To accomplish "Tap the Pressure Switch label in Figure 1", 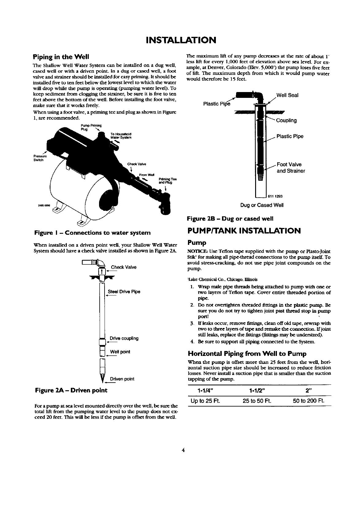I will coord(39,158).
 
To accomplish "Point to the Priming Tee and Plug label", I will coord(165,181).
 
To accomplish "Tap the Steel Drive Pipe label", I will coord(124,291).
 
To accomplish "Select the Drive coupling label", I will coord(124,338).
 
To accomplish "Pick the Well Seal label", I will coord(287,95).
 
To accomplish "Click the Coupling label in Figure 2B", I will coord(286,121).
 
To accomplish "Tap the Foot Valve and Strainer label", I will coord(291,168).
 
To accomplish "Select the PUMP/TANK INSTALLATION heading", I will coord(244,231).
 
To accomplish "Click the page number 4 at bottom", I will coord(183,451).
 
